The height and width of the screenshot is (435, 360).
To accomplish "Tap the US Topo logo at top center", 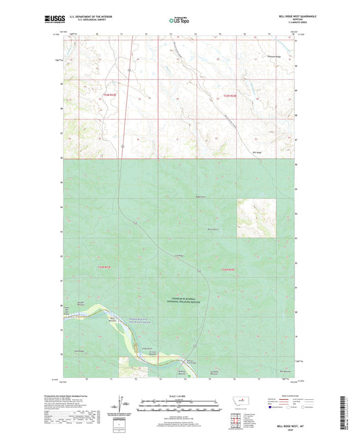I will tap(179, 21).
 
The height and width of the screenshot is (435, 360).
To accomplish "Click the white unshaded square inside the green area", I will tap(256, 217).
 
